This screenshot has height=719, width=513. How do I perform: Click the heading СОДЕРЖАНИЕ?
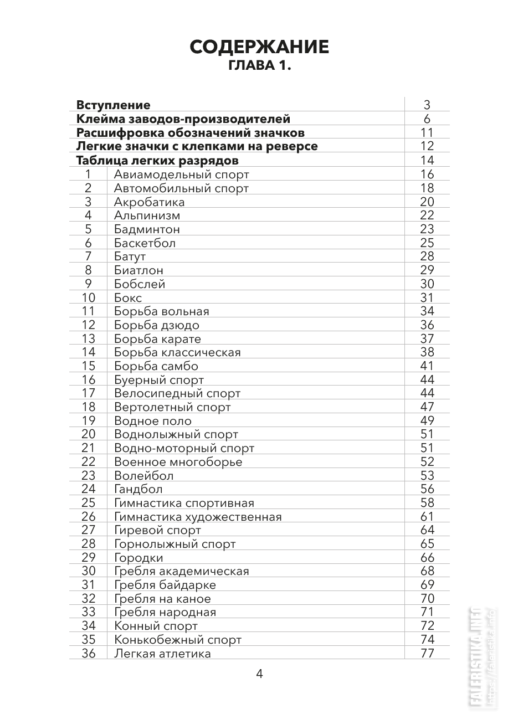pos(259,47)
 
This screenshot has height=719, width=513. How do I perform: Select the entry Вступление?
pos(113,105)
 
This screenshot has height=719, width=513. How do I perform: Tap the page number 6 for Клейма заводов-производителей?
pos(427,119)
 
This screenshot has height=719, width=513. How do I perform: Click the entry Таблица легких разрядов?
pos(157,161)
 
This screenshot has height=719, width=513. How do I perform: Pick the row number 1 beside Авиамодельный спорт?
pos(88,174)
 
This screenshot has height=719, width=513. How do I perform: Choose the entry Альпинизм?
pos(147,215)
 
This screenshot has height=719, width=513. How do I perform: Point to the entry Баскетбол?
pos(145,243)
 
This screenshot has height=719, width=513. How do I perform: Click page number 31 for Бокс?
pos(427,298)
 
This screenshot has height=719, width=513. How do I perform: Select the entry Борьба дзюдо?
pos(156,325)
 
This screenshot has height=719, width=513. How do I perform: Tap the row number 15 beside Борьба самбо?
pos(88,366)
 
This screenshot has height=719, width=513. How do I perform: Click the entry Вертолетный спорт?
pos(172,407)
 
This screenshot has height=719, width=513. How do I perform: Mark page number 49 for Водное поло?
pos(427,421)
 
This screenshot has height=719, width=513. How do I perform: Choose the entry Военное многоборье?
pos(178,462)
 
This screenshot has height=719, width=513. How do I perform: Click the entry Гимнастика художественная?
pos(198,517)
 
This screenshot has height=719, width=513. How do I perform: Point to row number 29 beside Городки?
pos(88,558)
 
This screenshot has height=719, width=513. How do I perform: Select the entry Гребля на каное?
pos(162,599)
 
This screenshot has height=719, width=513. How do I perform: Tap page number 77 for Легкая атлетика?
pos(427,654)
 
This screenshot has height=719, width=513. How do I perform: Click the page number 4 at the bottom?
pos(259,674)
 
